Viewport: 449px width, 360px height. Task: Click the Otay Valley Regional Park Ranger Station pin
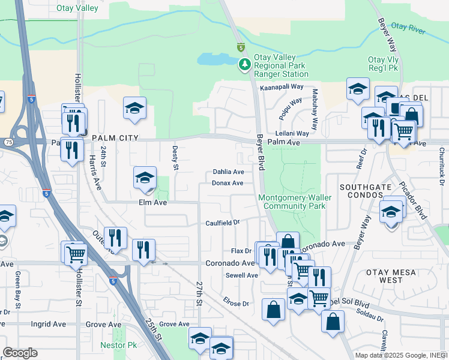[x=244, y=64]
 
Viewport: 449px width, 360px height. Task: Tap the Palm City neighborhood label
[x=115, y=138]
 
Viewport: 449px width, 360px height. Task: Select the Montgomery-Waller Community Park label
[x=292, y=202]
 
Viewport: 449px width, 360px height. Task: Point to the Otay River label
[x=408, y=27]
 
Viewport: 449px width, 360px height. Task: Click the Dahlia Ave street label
[x=228, y=172]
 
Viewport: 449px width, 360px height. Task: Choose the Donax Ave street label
[x=228, y=183]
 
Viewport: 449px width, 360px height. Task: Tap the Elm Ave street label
[x=152, y=203]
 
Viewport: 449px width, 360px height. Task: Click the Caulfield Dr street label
[x=222, y=222]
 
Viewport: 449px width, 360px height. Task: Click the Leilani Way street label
[x=292, y=133]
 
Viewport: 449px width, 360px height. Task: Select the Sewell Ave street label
[x=241, y=275]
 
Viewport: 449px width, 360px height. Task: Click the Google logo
[x=20, y=353]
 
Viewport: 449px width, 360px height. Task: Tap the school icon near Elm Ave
[x=145, y=178]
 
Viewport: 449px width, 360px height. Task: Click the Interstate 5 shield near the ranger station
[x=240, y=47]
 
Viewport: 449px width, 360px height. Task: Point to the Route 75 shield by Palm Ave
[x=8, y=142]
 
